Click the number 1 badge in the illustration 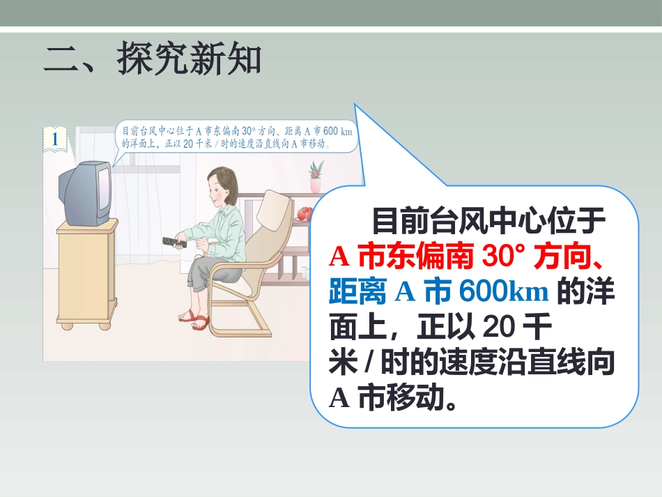click(x=55, y=137)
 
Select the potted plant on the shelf click(x=316, y=175)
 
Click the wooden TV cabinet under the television click(x=86, y=272)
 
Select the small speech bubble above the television click(x=235, y=138)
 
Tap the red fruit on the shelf click(x=303, y=213)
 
